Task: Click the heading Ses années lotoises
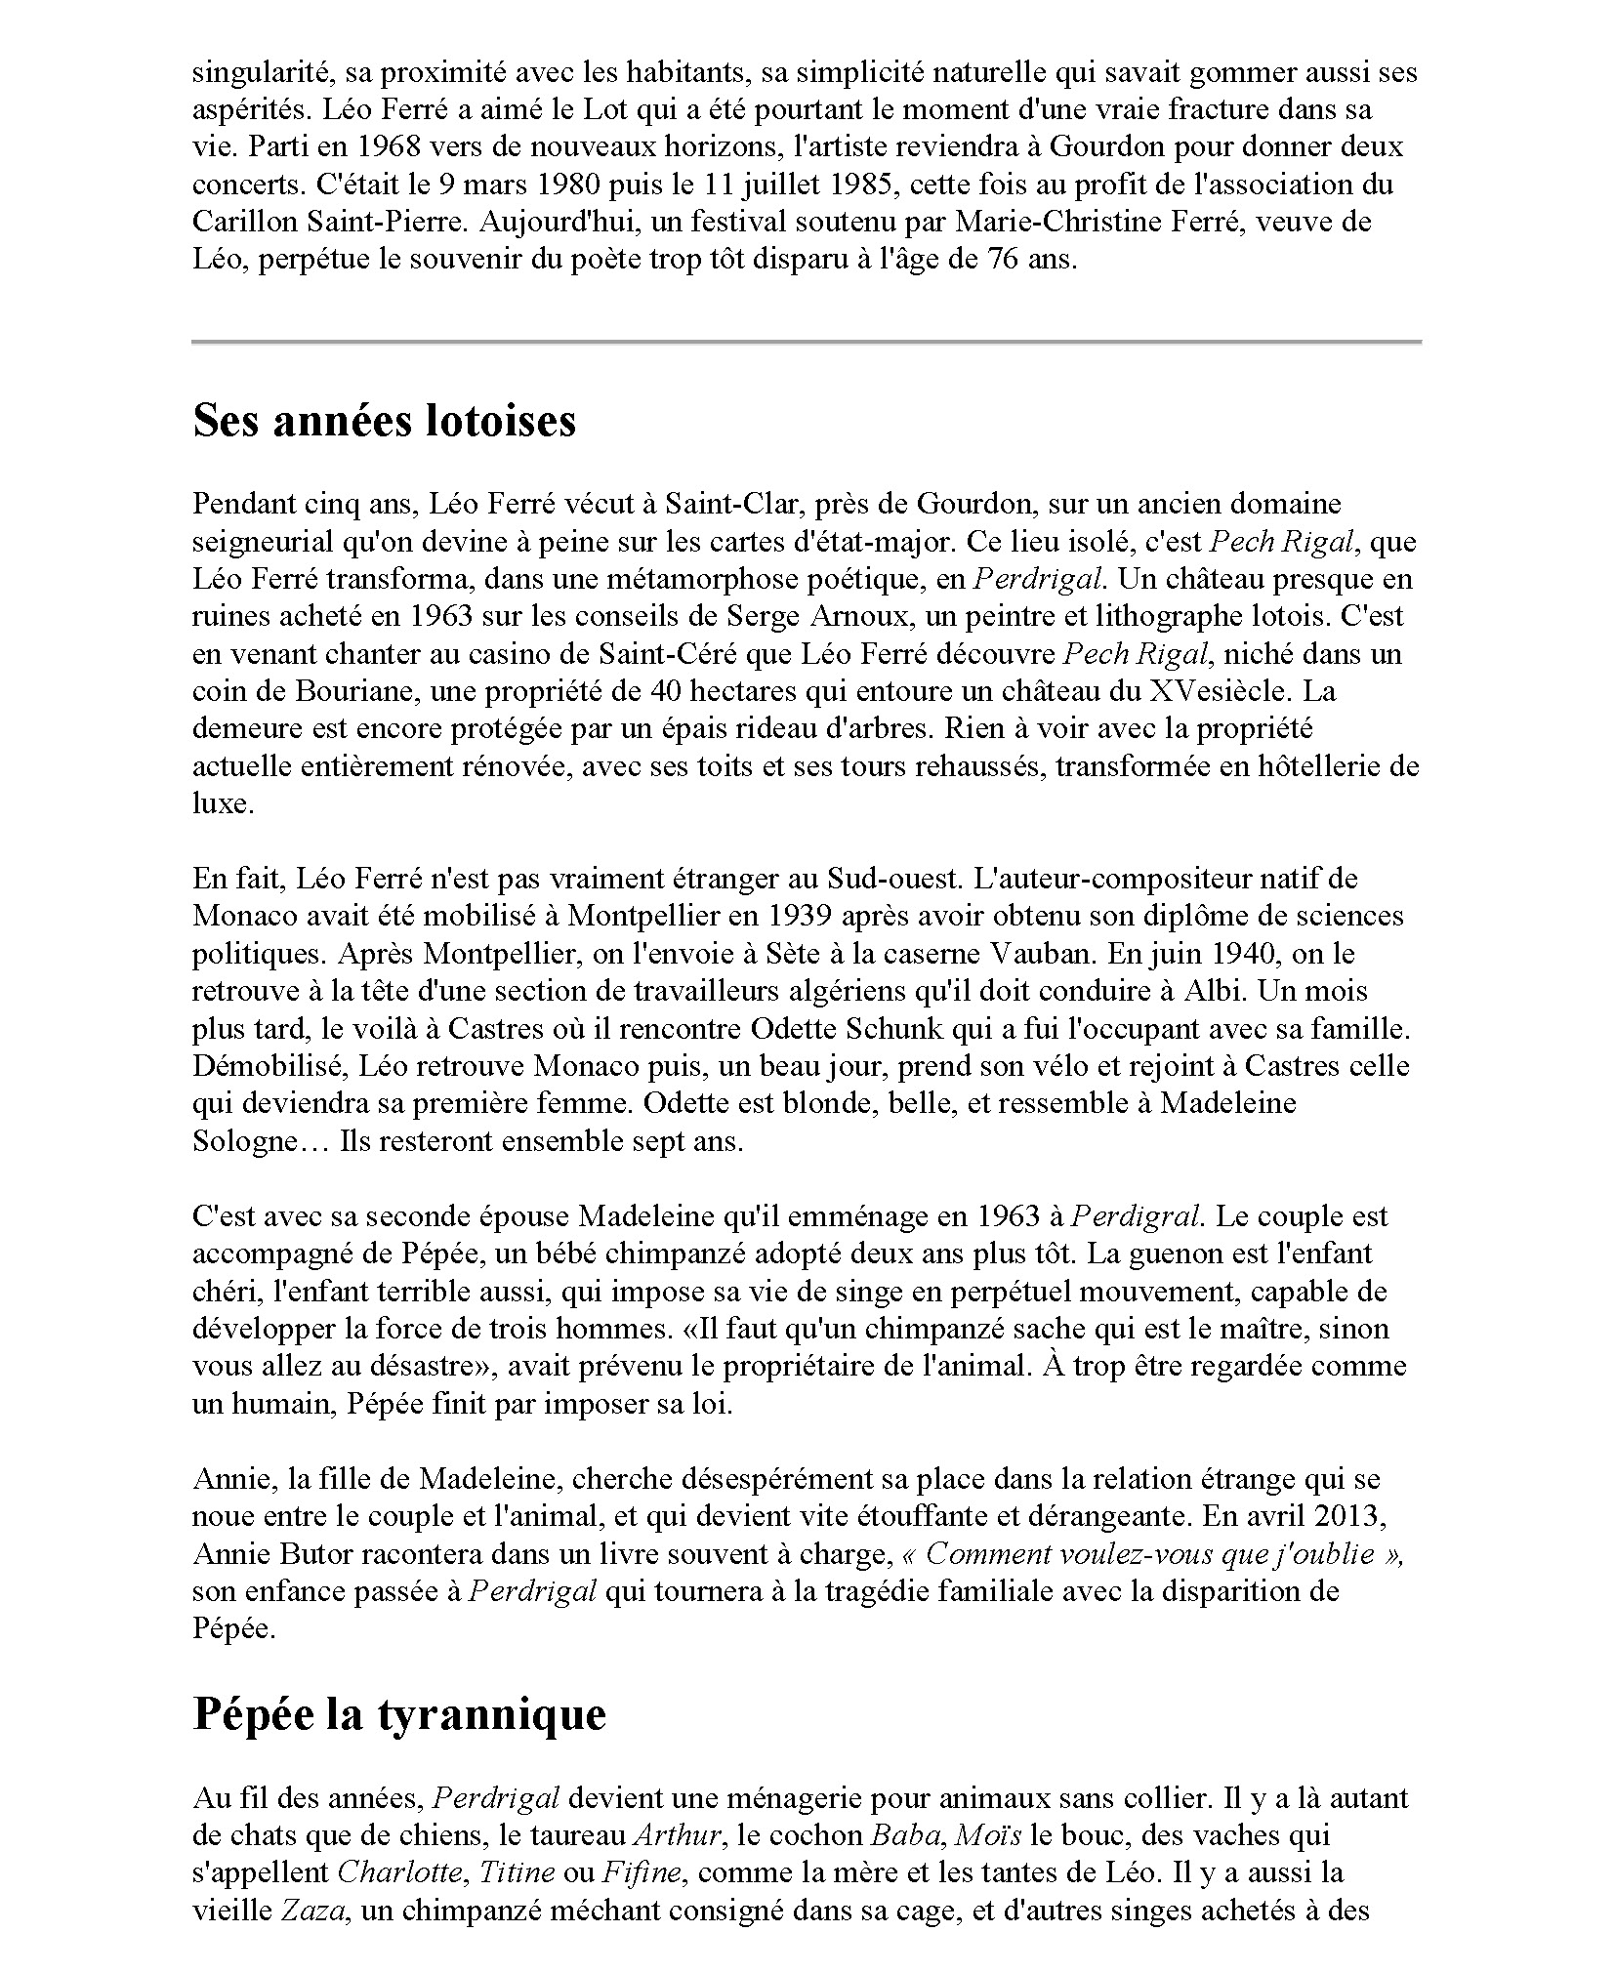point(384,421)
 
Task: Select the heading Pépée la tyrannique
point(398,1713)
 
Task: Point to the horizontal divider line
point(806,342)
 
